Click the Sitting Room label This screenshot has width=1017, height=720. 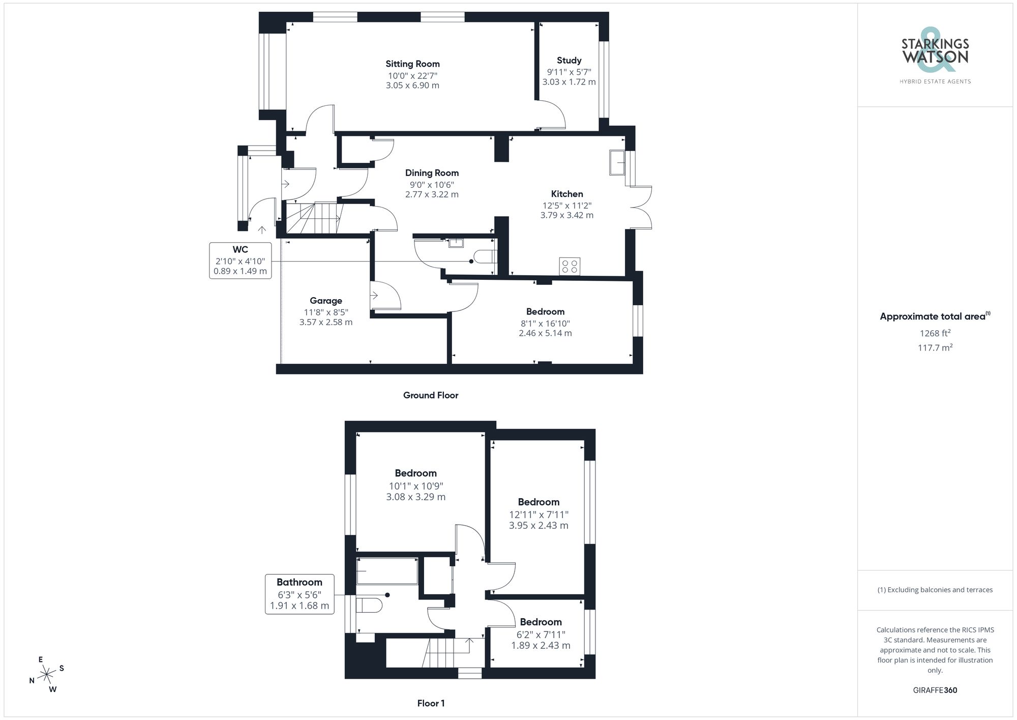412,64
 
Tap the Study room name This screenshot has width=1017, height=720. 569,61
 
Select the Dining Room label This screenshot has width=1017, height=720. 432,173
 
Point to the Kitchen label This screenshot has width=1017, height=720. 567,194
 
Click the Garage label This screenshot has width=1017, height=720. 326,301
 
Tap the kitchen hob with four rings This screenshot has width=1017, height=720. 570,266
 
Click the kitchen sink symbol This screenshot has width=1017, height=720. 617,162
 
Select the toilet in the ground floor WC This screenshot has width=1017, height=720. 484,255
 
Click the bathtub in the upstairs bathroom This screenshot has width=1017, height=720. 387,571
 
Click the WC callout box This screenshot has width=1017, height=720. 240,260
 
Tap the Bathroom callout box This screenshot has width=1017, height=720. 300,594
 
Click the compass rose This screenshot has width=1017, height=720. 47,675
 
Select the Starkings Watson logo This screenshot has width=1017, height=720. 935,56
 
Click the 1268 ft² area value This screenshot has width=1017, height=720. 935,333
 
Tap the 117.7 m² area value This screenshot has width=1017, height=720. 935,348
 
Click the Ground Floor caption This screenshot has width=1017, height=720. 431,395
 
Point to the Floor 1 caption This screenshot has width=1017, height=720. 431,703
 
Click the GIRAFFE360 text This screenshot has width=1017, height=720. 935,690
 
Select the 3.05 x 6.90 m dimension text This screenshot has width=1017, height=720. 412,85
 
